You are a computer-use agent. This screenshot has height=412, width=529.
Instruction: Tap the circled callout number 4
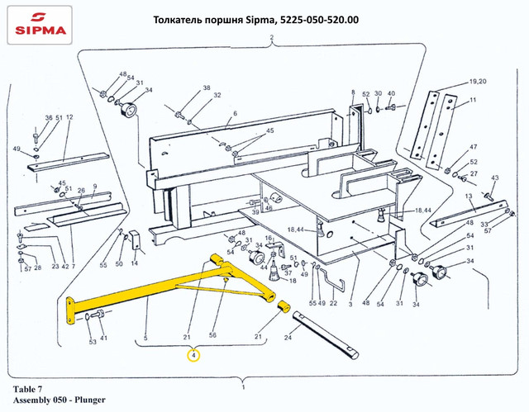click(x=193, y=356)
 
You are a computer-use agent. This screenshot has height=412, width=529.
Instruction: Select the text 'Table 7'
click(x=31, y=388)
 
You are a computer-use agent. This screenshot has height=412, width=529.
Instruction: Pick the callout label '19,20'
click(x=479, y=83)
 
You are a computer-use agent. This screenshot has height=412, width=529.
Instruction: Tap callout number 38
click(x=207, y=88)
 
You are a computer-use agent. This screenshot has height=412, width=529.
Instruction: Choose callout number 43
click(x=495, y=178)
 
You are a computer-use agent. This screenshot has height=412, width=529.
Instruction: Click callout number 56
click(x=212, y=337)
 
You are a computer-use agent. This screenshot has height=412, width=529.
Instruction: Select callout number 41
click(x=103, y=339)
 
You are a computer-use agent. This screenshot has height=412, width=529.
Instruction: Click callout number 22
click(x=333, y=304)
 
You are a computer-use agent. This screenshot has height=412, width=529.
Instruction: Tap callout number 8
click(x=352, y=92)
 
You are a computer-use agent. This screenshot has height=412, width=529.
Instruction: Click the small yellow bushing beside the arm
click(x=284, y=309)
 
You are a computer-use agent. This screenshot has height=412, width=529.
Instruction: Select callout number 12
click(x=69, y=117)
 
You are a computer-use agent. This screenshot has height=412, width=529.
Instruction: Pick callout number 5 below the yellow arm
click(x=145, y=337)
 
